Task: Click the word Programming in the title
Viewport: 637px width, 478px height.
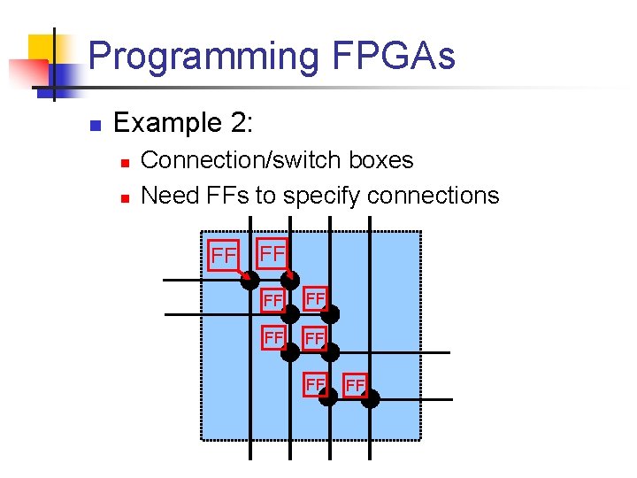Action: pos(203,57)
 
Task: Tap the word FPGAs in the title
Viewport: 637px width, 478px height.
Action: pos(394,57)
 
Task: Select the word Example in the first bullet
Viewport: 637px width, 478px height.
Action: pos(165,122)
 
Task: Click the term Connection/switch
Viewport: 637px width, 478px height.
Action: pos(239,160)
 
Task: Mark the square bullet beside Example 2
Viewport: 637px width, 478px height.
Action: pos(96,124)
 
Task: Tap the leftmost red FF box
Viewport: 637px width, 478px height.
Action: pos(224,255)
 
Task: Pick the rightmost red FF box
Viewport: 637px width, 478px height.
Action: pos(356,385)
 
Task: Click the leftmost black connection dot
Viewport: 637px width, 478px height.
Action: pos(250,280)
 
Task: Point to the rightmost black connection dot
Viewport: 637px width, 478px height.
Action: pos(370,398)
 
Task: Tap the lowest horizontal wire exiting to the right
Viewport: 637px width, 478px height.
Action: pos(425,399)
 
